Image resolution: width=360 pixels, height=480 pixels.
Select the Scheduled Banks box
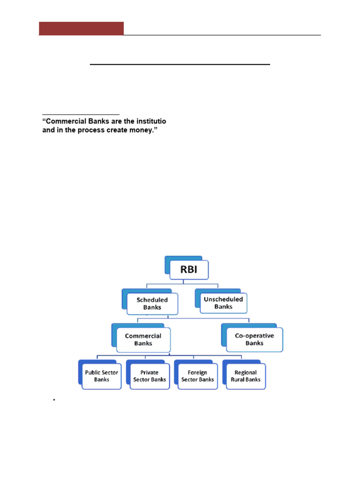[x=152, y=303]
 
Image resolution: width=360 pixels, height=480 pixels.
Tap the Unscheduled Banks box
[x=223, y=303]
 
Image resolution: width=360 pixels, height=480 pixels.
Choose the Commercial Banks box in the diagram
[x=143, y=339]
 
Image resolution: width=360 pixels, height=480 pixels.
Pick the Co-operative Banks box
[x=255, y=339]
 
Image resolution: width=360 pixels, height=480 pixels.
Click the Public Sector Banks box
[x=102, y=376]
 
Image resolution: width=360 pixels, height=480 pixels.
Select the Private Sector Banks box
[x=150, y=376]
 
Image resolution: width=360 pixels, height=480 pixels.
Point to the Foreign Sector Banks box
[x=198, y=376]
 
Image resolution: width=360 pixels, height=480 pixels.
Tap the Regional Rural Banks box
[x=246, y=376]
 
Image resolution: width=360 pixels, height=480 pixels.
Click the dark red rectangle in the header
[x=81, y=28]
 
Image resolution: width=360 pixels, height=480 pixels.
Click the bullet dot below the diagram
[x=54, y=399]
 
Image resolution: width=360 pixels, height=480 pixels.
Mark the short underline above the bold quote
[x=81, y=114]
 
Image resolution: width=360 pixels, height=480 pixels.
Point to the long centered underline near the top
[x=180, y=64]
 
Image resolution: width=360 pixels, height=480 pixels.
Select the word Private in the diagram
[x=150, y=373]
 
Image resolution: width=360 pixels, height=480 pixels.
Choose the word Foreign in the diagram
[x=198, y=373]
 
